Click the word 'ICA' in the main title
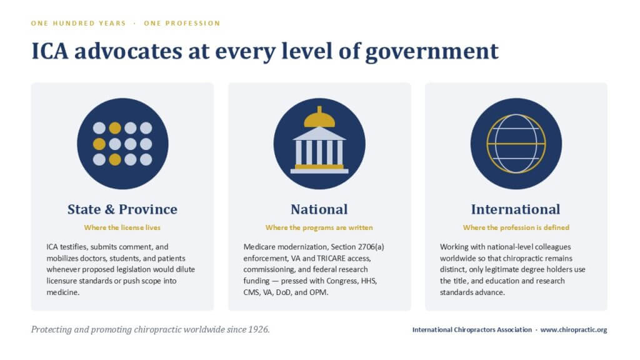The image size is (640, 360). pos(50,51)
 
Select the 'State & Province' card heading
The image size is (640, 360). pos(122,209)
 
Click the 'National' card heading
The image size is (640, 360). pos(319,209)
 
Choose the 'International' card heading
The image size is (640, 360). pos(516,209)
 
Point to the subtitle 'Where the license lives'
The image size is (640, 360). pos(122,227)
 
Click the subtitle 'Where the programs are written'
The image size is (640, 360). pos(319,227)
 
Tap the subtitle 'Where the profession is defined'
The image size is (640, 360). pos(516,227)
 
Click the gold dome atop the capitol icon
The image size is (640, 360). pos(319,117)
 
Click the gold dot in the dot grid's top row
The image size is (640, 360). pos(115,128)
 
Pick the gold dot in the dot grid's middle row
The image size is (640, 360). pos(99,144)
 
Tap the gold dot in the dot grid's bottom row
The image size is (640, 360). pos(115,159)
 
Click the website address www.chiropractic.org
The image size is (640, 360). pos(574,330)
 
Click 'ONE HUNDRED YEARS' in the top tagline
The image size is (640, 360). pos(78,23)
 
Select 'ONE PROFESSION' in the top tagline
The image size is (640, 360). pos(182,23)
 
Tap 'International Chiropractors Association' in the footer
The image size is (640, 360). pos(472,330)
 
